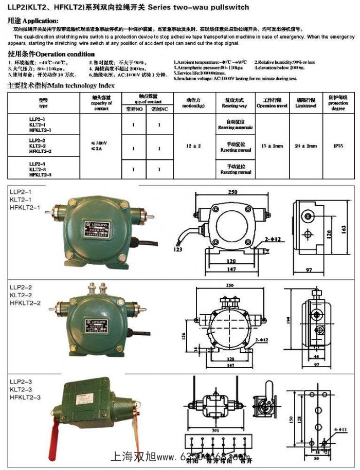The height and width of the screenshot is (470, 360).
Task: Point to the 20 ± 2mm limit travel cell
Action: (x=306, y=146)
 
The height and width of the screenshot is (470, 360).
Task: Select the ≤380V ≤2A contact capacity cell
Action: (x=101, y=146)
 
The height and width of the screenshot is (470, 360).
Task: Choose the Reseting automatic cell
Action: (x=236, y=124)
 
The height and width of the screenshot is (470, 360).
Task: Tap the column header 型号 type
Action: (x=43, y=102)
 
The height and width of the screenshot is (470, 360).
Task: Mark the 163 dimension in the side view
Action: (x=344, y=227)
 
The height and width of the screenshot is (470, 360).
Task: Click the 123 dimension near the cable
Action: (x=178, y=250)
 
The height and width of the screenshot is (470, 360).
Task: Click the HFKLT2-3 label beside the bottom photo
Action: (x=25, y=397)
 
